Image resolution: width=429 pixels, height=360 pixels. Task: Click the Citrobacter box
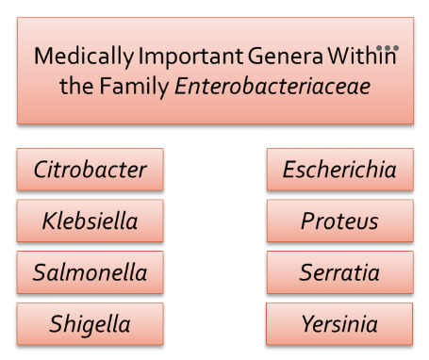pos(90,170)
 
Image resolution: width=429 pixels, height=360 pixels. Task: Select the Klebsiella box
pos(90,221)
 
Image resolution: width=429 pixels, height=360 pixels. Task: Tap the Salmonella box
pos(90,273)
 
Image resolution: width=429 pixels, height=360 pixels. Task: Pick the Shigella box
pos(90,325)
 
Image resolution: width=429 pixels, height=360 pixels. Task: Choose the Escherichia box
pos(339,170)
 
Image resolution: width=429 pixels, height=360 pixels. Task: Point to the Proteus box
pos(339,221)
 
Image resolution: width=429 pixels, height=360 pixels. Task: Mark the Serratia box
pos(339,273)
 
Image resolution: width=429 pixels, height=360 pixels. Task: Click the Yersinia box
pos(339,325)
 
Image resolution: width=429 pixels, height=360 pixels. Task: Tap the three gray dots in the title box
pos(388,46)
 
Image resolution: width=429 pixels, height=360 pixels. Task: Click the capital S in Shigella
pos(57,325)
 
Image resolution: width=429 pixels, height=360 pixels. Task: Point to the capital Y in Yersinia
pos(306,325)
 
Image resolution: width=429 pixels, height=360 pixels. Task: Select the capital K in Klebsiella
pos(49,221)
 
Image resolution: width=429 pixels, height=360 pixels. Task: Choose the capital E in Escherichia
pos(289,170)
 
